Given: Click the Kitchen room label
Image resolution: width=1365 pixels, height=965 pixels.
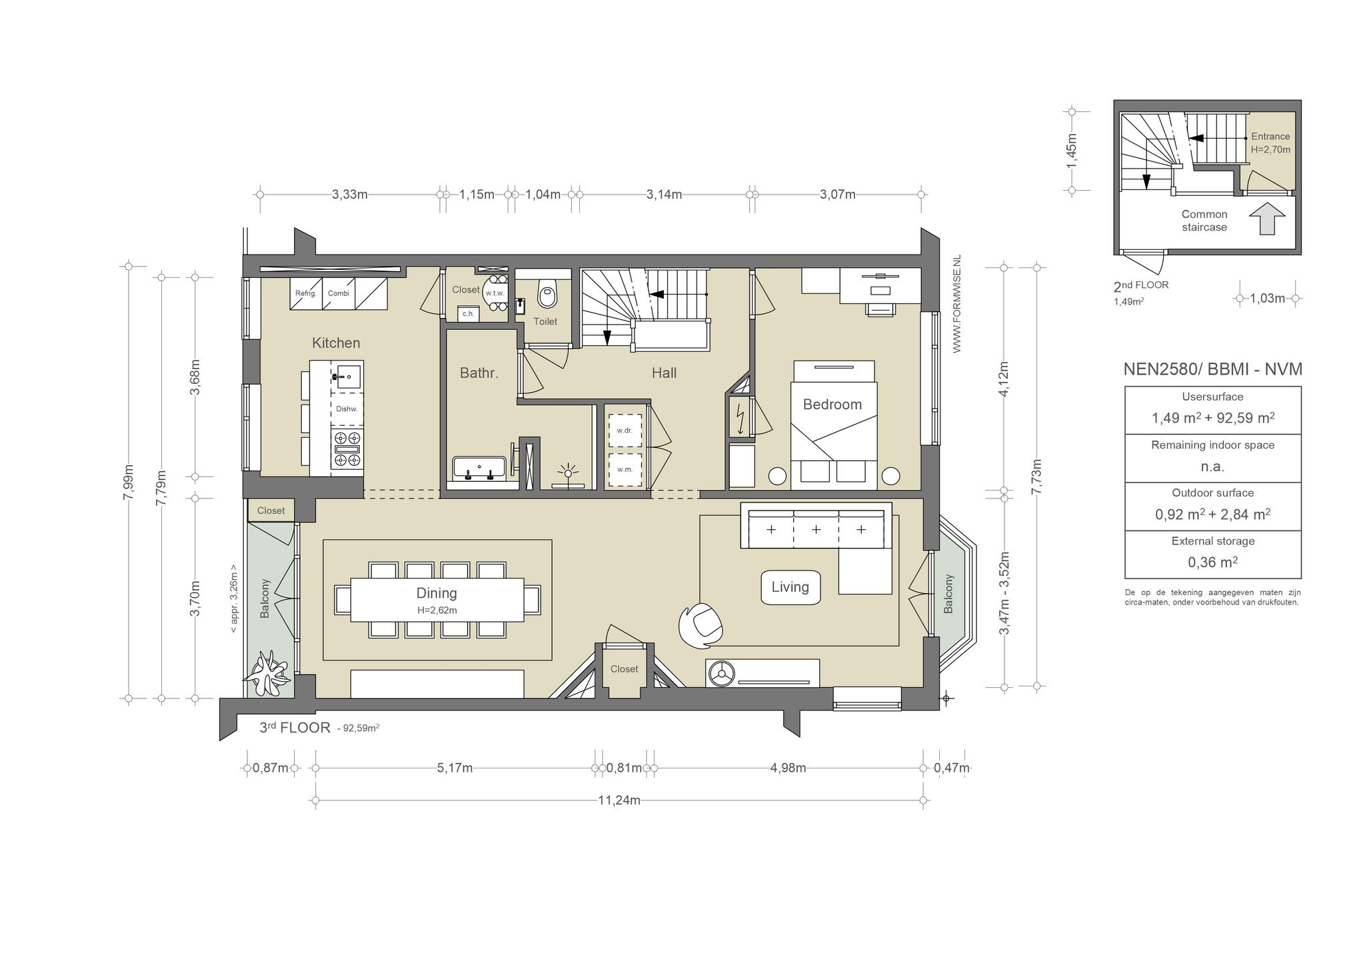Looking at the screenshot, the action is (x=336, y=343).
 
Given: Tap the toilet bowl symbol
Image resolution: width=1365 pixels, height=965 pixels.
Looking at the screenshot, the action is (x=547, y=293).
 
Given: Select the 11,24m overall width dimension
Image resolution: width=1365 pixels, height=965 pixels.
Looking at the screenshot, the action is (x=619, y=800).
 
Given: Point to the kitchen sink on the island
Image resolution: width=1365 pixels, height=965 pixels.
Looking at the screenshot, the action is (x=346, y=377).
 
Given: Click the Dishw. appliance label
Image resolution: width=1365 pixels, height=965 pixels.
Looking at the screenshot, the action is (x=347, y=409).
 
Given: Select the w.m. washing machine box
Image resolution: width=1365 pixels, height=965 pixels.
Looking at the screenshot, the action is (x=625, y=469).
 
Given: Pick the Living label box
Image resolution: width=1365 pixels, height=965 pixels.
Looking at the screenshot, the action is (x=790, y=587).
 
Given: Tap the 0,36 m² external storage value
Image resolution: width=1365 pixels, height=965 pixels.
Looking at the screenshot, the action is (x=1213, y=562).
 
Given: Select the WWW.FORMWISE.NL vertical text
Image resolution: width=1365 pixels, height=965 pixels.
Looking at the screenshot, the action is (x=957, y=303).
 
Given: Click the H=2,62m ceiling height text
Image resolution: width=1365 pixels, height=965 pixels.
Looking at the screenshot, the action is (x=437, y=610).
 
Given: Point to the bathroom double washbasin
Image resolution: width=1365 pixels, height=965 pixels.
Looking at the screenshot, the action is (x=479, y=468).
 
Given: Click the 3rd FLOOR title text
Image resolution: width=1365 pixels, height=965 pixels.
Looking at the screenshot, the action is (x=295, y=727).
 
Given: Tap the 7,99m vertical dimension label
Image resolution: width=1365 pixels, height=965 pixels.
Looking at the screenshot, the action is (x=129, y=486).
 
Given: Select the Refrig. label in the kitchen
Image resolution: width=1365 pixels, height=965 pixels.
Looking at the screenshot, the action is (x=305, y=293).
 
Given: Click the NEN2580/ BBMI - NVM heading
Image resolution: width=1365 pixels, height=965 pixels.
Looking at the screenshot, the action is (x=1213, y=369).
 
